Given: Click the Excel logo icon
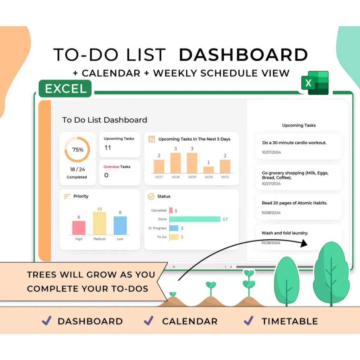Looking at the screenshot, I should [x=315, y=83].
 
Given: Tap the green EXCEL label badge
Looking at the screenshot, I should [x=65, y=89].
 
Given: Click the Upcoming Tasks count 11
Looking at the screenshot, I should [x=108, y=148].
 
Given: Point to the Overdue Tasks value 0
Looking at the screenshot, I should [x=107, y=175].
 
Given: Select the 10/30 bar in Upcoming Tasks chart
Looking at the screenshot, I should [x=208, y=170].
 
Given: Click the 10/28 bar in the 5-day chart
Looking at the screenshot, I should [x=175, y=163].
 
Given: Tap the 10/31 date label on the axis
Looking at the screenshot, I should [x=225, y=177].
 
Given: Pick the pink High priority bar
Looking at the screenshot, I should [x=79, y=227].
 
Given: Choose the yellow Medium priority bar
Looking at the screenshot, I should [x=99, y=223].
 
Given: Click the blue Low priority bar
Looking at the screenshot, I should [x=120, y=225].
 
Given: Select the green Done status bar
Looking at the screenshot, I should [x=195, y=219].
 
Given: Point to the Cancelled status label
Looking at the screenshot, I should [x=159, y=211].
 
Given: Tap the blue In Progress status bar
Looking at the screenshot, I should [x=174, y=228].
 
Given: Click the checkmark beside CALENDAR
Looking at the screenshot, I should [x=149, y=320].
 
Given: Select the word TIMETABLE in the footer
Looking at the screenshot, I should [x=290, y=321].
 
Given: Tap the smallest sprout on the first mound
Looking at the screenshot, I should [x=173, y=294].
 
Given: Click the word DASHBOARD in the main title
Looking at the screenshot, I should [x=243, y=55].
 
